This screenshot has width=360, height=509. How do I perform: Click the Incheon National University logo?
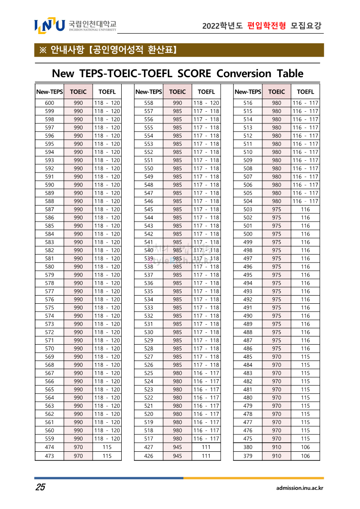click(75, 25)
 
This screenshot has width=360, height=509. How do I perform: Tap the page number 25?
click(40, 488)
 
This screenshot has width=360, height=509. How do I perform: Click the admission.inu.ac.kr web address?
click(300, 488)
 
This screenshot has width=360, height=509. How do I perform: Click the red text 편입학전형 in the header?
click(266, 26)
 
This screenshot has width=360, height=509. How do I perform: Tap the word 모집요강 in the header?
click(306, 26)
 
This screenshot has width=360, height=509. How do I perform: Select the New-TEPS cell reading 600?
click(49, 103)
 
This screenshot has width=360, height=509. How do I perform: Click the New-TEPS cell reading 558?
click(148, 103)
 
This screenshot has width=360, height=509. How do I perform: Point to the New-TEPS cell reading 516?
click(248, 103)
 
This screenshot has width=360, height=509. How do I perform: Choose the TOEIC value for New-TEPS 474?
click(78, 447)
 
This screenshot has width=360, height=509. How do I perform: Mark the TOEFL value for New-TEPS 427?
click(206, 447)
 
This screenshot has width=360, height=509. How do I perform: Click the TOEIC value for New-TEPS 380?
click(276, 447)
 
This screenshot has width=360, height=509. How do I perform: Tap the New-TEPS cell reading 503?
click(248, 209)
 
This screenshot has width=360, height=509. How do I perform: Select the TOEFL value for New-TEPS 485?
click(306, 357)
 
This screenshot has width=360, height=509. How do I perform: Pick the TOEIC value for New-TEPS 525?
click(178, 373)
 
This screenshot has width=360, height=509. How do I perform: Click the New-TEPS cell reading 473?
click(49, 456)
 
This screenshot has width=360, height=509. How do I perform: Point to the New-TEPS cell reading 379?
click(248, 456)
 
